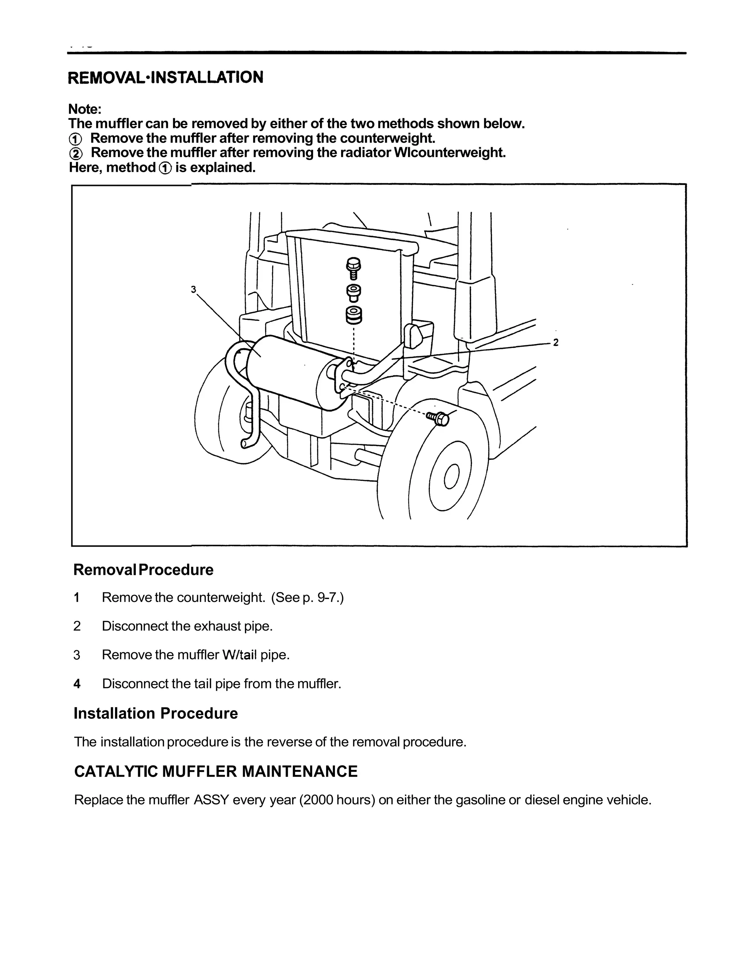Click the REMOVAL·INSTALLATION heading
(x=165, y=77)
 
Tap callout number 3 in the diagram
(x=193, y=289)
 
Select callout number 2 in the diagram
(x=556, y=342)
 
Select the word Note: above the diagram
(x=85, y=109)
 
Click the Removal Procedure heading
(x=143, y=570)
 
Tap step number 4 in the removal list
(x=77, y=684)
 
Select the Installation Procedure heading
(x=156, y=713)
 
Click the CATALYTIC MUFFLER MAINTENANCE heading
(x=215, y=771)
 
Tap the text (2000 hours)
(x=337, y=800)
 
